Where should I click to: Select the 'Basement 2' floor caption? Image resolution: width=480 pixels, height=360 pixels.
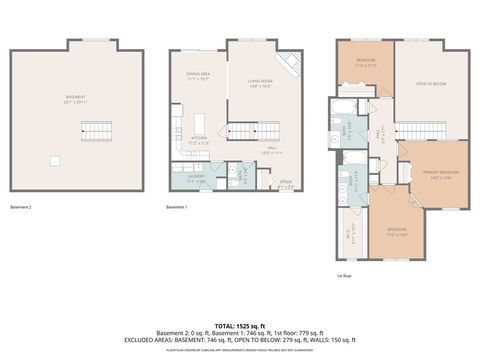(x=21, y=207)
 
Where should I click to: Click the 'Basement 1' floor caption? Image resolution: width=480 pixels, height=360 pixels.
(x=176, y=207)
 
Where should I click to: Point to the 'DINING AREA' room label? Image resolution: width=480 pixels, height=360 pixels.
(x=198, y=75)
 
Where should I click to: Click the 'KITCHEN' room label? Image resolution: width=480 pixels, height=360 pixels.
(x=198, y=140)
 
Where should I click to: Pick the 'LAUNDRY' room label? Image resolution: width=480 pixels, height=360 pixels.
(x=194, y=177)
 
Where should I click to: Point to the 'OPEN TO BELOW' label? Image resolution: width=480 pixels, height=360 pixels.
(x=430, y=84)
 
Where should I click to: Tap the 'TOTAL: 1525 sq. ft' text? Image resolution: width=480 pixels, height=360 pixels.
(x=239, y=325)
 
